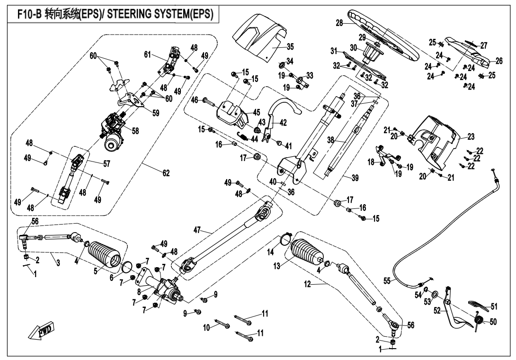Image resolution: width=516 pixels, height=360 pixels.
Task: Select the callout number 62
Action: [166, 174]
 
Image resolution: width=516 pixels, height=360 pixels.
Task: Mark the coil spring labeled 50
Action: [479, 322]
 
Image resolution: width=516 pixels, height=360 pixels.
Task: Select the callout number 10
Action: [206, 327]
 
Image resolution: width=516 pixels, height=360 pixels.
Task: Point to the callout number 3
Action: [58, 263]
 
